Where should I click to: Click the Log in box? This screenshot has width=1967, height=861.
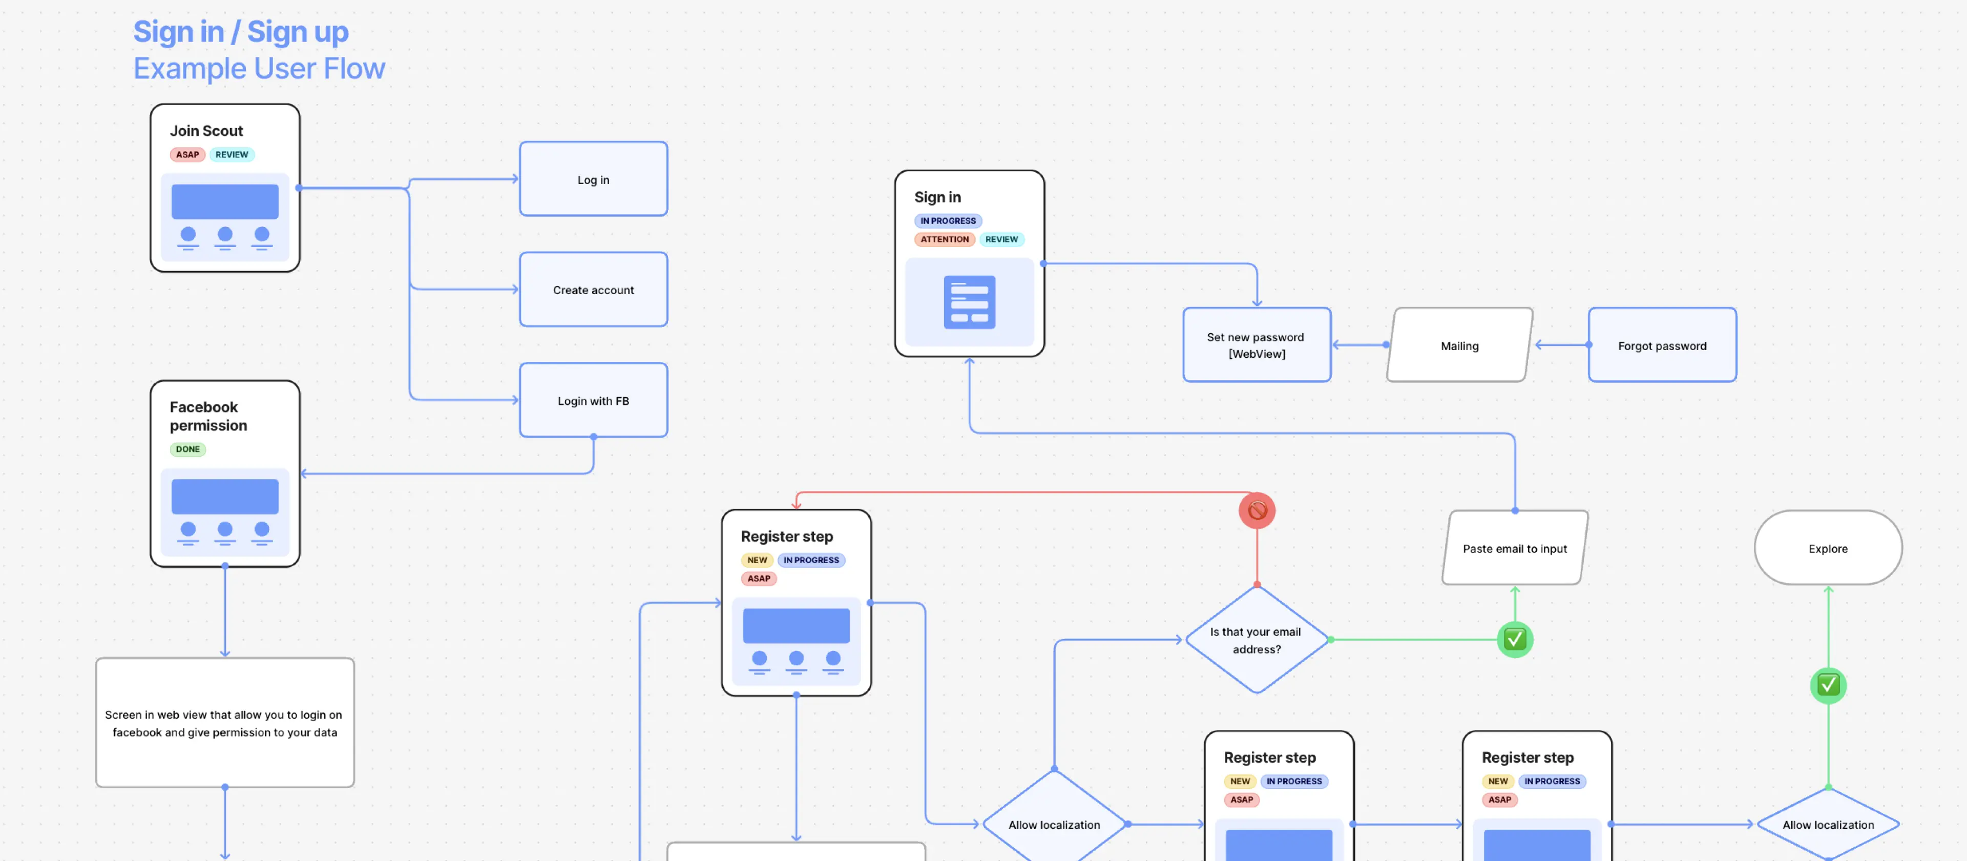(x=593, y=179)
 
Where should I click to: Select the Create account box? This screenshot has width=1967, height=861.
(x=593, y=290)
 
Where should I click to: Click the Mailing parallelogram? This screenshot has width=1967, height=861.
(x=1459, y=346)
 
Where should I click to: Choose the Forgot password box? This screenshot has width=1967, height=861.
(x=1662, y=346)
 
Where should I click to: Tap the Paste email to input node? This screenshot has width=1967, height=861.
(x=1514, y=548)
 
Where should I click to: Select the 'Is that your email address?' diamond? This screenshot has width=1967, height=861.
(x=1256, y=640)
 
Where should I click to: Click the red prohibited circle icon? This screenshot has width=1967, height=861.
(x=1257, y=510)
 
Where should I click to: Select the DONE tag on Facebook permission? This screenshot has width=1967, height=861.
(x=188, y=449)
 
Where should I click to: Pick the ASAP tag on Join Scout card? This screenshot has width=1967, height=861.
(x=187, y=154)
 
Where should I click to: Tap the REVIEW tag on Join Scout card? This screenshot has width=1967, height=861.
(x=232, y=154)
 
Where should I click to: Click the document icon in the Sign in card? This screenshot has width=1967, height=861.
(x=969, y=302)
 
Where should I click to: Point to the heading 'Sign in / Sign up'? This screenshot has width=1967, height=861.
(x=241, y=32)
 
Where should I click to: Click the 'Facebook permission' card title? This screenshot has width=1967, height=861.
(x=207, y=416)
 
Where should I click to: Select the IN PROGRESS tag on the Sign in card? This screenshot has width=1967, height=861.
(x=948, y=221)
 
